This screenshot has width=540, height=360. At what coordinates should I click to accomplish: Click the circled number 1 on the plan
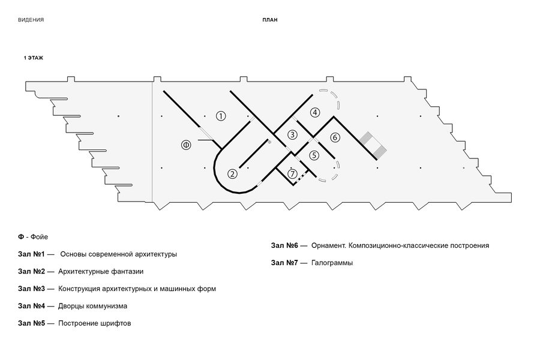point(221,116)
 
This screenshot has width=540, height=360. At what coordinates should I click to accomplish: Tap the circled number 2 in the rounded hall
point(232,173)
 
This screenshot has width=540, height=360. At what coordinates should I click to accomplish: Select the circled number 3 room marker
point(292,134)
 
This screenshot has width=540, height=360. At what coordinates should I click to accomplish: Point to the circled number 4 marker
point(315,112)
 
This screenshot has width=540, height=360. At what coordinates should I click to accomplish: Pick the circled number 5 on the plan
point(314,155)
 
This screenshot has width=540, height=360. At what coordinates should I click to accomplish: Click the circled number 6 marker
point(335,137)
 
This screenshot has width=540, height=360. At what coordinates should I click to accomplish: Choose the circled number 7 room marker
point(292,174)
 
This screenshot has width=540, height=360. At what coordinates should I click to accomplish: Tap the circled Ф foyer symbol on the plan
point(187,145)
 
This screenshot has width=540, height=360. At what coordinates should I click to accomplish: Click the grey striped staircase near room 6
point(373,145)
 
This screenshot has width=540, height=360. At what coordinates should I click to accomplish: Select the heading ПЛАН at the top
point(270,20)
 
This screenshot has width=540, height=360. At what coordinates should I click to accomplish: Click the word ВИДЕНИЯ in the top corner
point(31,20)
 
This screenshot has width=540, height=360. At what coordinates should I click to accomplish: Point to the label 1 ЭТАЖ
point(34,58)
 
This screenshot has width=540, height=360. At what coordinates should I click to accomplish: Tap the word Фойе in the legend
point(39,237)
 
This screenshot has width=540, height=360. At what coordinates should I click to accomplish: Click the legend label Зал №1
point(31,254)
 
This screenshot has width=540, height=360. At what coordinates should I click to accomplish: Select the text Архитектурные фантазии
point(101,272)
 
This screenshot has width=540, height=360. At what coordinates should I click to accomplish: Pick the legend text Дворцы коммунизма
point(92,306)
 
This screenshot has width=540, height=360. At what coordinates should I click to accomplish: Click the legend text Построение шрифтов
point(95,323)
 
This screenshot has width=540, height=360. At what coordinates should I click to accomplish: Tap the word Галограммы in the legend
point(332,263)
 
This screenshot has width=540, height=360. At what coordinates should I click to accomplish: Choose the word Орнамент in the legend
point(329,245)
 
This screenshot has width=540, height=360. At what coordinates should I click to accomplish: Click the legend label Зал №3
point(31,289)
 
